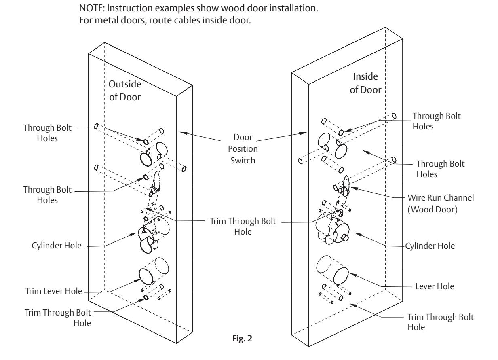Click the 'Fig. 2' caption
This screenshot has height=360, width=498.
(242, 339)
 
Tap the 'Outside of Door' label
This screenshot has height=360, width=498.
(125, 91)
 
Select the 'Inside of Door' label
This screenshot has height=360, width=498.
(365, 83)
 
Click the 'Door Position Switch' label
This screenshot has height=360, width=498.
(243, 148)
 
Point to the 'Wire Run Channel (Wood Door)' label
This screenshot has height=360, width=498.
(441, 203)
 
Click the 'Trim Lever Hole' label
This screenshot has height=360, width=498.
(54, 291)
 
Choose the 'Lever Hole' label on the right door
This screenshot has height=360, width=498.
(435, 286)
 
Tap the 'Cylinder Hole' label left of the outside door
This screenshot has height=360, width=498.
(57, 246)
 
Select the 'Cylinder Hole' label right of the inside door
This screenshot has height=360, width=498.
(430, 246)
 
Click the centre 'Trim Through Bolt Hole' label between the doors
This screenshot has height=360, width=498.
(243, 226)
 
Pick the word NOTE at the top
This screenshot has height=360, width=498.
(92, 8)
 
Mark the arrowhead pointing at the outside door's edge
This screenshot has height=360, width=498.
(184, 133)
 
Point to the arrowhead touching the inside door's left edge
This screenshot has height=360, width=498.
(303, 133)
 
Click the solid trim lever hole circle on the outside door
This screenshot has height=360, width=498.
(146, 277)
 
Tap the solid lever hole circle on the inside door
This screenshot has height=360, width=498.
(341, 276)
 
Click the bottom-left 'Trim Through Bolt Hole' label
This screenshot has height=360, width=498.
(58, 318)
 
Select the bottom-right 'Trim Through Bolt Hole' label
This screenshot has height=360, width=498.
(441, 322)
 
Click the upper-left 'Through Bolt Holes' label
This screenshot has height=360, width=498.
(47, 133)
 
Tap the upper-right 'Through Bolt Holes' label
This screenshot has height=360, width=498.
(437, 121)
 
